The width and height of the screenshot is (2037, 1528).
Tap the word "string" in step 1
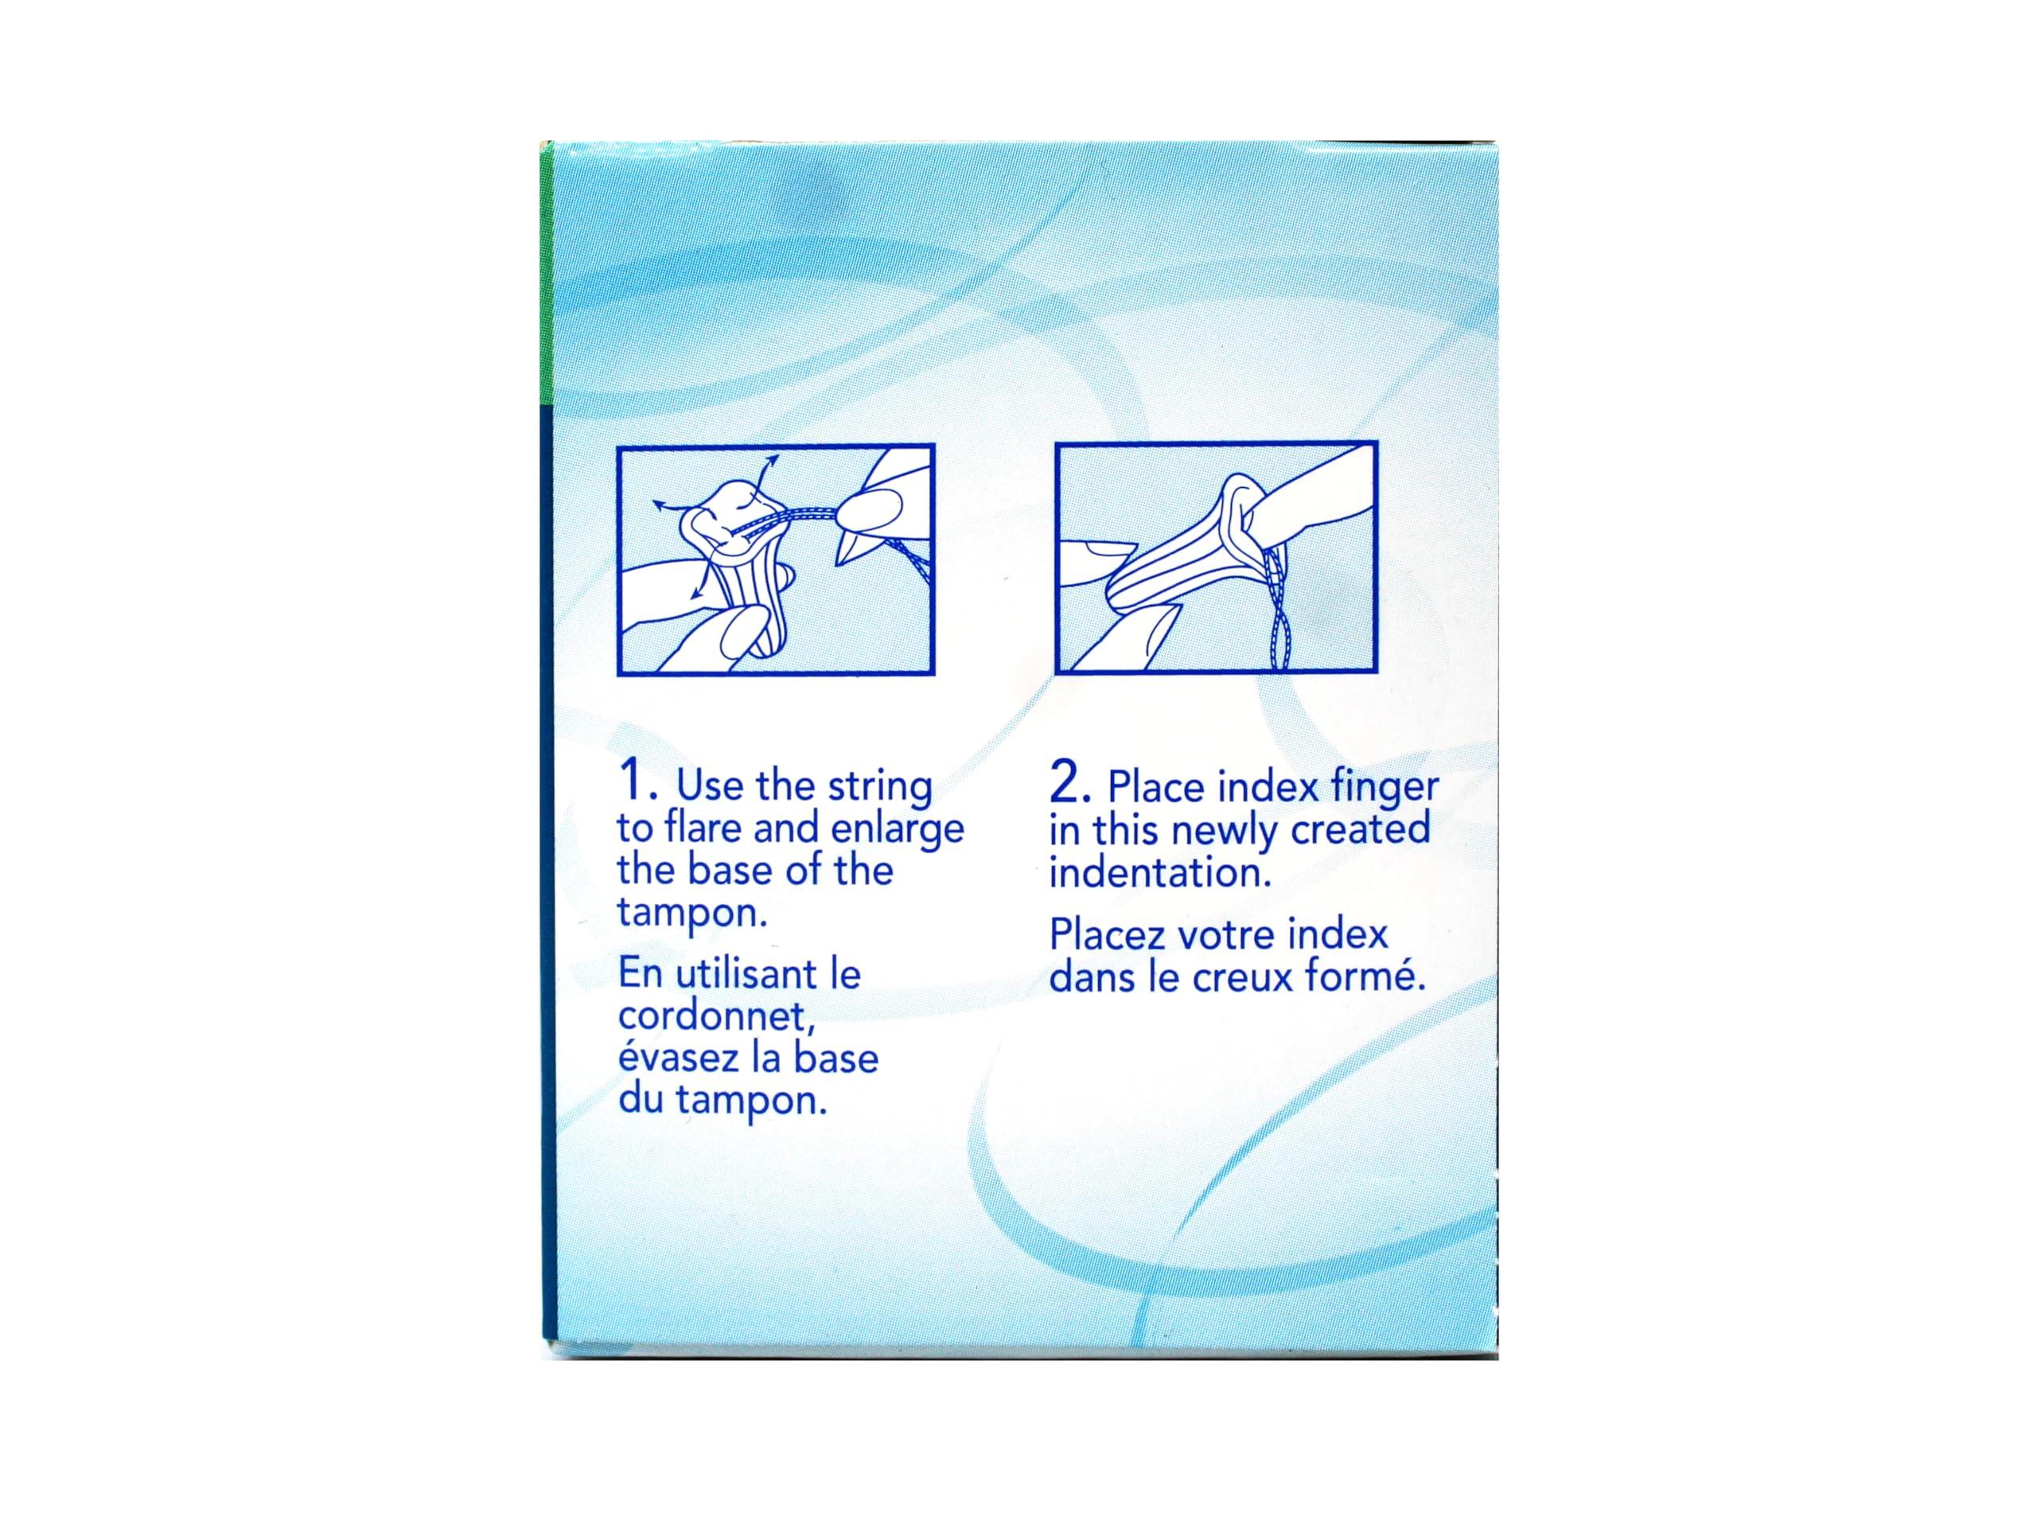879,788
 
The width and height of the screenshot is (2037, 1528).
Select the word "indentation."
1160,872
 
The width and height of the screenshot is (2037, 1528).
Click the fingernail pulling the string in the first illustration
871,505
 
